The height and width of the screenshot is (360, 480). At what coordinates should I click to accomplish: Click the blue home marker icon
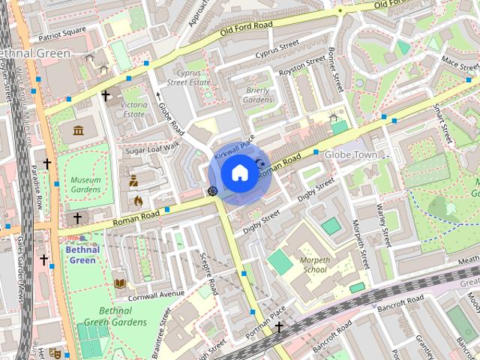238,172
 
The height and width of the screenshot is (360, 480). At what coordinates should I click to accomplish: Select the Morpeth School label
314,264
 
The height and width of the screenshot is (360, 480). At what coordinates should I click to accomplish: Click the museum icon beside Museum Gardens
79,130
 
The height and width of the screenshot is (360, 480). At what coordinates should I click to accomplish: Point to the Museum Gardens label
85,185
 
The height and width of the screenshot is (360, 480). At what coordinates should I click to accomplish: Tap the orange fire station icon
138,200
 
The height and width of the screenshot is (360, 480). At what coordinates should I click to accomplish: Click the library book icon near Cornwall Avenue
119,283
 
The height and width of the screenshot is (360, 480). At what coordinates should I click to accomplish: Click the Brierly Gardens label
259,94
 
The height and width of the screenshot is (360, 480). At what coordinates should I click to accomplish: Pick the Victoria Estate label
133,109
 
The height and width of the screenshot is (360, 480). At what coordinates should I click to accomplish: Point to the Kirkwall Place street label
235,144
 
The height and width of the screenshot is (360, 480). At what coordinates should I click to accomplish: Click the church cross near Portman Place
279,327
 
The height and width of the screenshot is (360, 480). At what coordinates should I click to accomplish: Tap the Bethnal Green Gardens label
123,316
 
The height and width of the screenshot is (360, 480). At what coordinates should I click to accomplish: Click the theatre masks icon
54,352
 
